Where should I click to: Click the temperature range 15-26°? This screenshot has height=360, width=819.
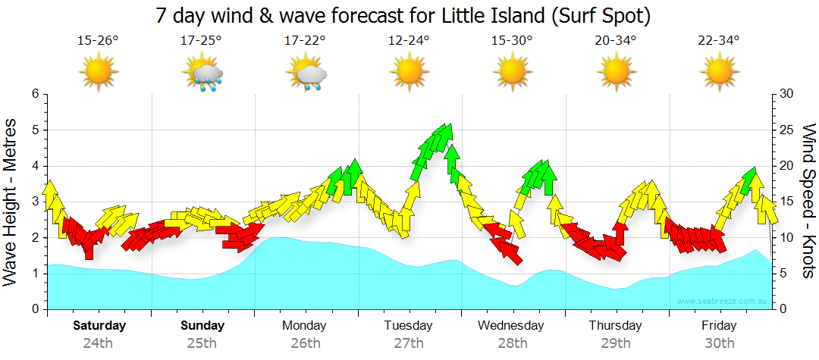(99, 40)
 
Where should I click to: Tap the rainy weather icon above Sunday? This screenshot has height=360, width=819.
(202, 74)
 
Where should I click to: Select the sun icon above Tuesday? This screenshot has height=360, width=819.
(409, 74)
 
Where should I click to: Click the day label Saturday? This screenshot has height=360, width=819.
(99, 326)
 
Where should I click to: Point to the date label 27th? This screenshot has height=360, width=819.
(409, 343)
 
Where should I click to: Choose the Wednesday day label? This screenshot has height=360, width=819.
(511, 326)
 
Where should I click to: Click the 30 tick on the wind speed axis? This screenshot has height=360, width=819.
(787, 94)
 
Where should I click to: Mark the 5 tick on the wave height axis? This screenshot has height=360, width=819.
(34, 130)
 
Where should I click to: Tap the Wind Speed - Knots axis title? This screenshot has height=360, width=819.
(808, 201)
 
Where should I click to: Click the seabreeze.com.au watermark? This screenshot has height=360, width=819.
(723, 302)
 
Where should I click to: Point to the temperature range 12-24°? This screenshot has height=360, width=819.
(409, 40)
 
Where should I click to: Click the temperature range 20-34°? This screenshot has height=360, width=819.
(615, 40)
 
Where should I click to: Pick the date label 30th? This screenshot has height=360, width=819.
(719, 343)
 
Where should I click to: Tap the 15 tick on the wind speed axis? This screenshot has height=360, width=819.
(787, 202)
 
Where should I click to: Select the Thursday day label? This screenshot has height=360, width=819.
(615, 326)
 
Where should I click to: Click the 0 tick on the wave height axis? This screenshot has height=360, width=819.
(34, 309)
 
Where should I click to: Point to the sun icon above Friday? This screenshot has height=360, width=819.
(719, 74)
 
